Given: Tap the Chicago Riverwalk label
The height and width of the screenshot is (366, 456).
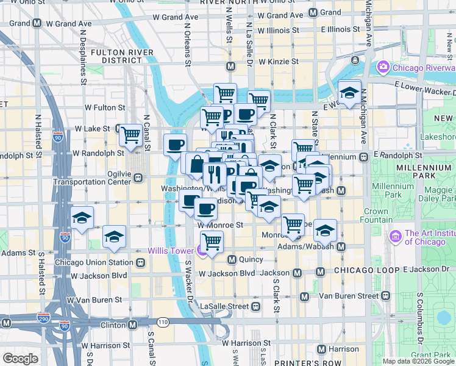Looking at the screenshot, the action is [424, 67].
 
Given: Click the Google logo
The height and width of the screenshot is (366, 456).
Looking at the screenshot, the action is [20, 359].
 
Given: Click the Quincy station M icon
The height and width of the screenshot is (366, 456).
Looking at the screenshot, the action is [232, 259].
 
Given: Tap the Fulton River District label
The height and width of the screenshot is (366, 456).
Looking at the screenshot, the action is [116, 56].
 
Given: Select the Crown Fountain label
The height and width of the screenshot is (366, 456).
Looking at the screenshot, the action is [376, 215].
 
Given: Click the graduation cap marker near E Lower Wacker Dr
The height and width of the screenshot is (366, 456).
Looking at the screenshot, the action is [349, 92].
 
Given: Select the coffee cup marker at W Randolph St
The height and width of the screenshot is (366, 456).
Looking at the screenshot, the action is [176, 145].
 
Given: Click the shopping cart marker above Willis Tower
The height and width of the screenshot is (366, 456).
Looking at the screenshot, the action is [212, 242].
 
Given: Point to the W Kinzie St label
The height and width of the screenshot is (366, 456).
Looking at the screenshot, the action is [278, 62].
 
